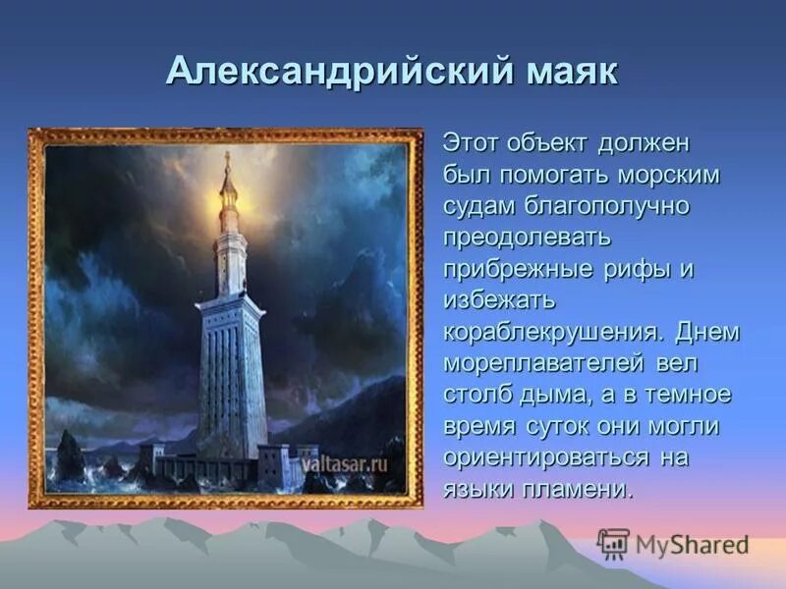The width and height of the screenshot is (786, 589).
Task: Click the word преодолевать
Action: click(x=528, y=239)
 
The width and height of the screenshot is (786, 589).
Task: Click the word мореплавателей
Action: click(x=543, y=364)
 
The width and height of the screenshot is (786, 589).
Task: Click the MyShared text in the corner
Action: click(x=692, y=545)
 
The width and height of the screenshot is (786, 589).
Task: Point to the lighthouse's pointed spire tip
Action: click(x=228, y=157)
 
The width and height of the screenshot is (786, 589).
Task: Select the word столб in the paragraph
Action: click(x=476, y=396)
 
